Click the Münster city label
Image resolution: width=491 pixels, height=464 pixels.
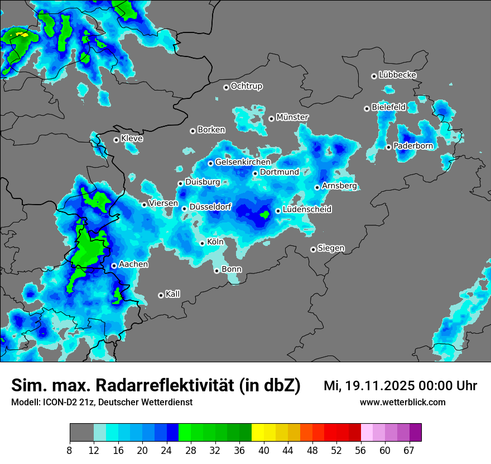click(x=292, y=117)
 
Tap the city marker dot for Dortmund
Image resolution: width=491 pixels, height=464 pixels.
click(x=255, y=173)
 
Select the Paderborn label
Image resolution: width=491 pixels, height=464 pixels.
click(x=413, y=146)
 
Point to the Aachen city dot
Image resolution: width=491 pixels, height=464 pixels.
click(x=114, y=266)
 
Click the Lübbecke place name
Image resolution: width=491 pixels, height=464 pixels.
click(x=397, y=75)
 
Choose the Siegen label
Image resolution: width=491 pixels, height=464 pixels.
click(x=331, y=248)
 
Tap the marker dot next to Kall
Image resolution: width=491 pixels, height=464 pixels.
click(x=161, y=295)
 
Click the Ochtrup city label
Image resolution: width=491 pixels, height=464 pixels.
click(x=246, y=86)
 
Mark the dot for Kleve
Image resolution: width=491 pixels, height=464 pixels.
click(x=116, y=140)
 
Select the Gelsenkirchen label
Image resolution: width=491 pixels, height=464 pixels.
click(x=243, y=162)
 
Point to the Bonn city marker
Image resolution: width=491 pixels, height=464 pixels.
click(x=216, y=271)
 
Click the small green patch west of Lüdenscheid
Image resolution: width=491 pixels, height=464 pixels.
click(x=264, y=213)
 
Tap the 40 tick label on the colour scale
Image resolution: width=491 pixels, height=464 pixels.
click(x=263, y=451)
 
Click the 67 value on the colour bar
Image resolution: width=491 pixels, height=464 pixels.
click(x=409, y=451)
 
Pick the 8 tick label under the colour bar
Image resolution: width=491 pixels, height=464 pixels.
click(x=69, y=451)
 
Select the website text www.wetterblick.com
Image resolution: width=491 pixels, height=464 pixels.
click(x=403, y=403)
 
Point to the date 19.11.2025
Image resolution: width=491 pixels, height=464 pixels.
click(x=377, y=386)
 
